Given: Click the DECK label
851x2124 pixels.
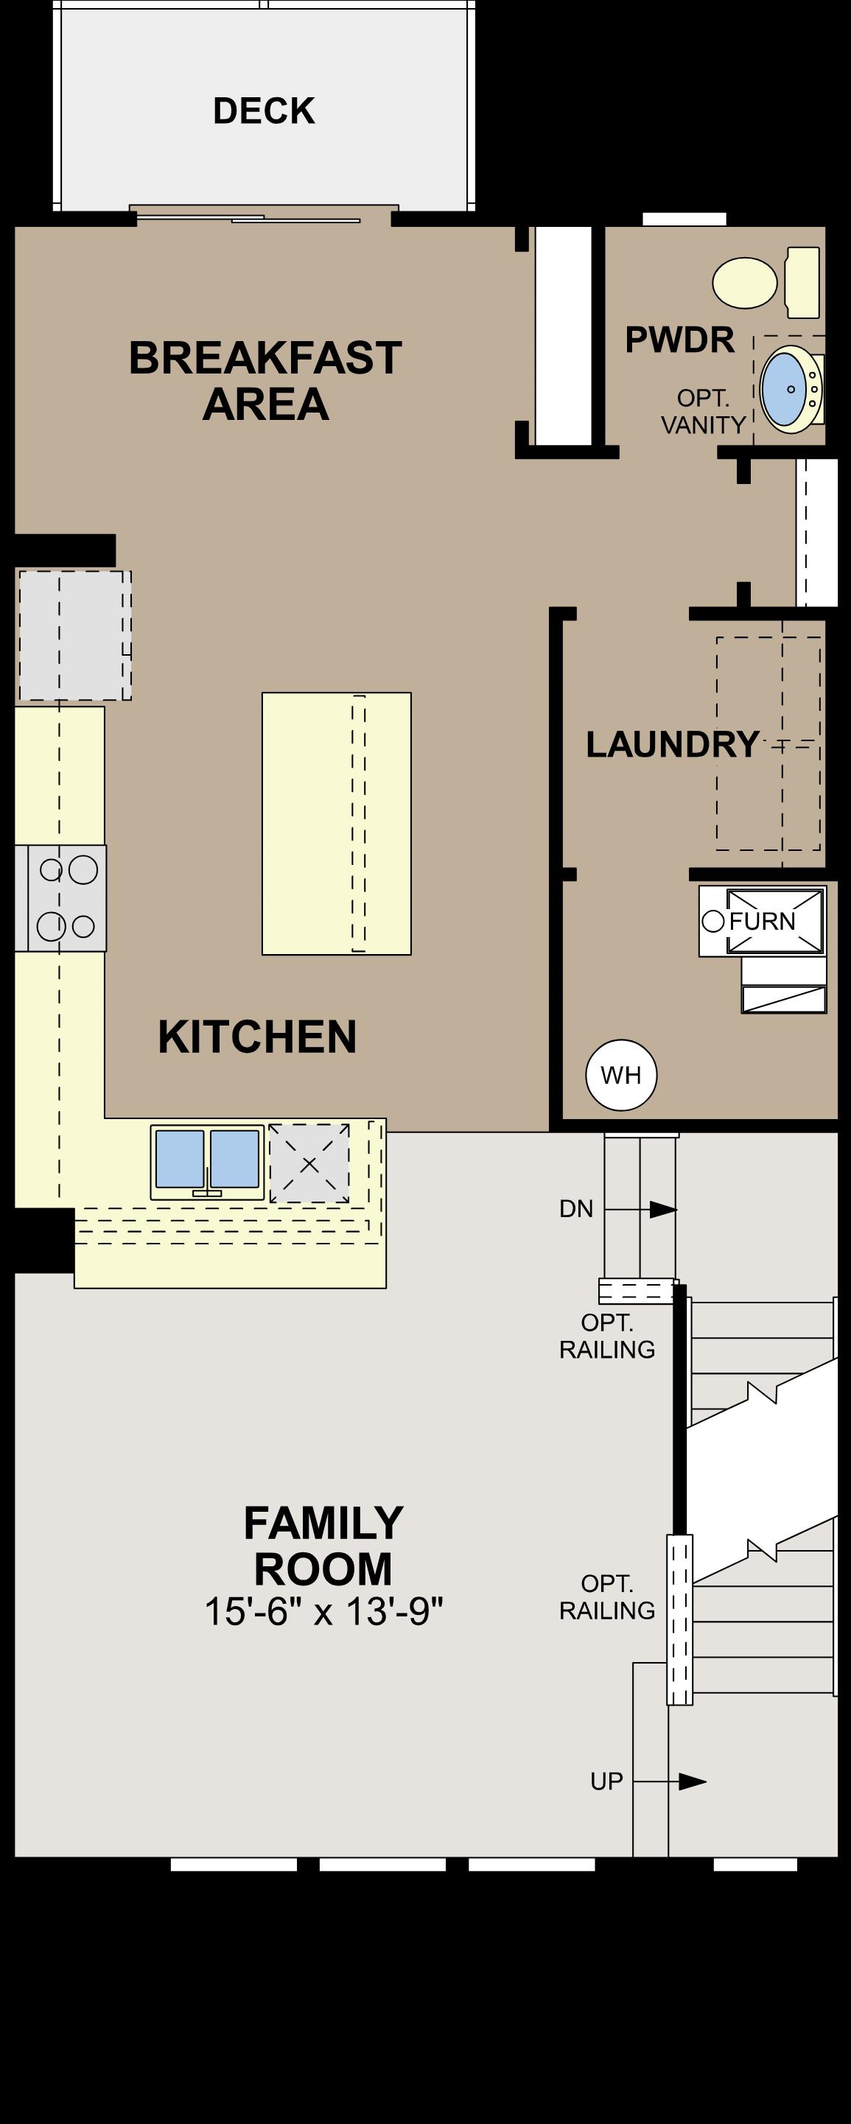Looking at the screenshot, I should (x=264, y=111).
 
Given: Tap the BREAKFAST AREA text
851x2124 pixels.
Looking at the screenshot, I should (x=265, y=381).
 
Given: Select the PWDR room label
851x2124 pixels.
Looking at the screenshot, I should (x=679, y=340).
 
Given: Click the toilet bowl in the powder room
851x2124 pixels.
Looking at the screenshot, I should (x=745, y=283).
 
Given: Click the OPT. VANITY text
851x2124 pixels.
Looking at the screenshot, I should (x=704, y=411).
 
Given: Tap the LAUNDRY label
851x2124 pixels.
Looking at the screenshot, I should (x=672, y=745).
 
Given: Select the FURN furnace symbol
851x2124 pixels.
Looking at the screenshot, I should (x=762, y=921).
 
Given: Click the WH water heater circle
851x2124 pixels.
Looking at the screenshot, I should (x=621, y=1075).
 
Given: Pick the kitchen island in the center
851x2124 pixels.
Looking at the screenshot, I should (x=337, y=823).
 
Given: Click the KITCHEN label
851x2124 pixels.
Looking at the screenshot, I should (x=257, y=1037).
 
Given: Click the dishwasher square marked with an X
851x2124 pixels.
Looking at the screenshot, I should (x=309, y=1163).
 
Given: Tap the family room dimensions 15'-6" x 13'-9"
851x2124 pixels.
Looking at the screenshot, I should (x=323, y=1612).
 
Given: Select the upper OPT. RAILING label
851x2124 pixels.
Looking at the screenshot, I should (x=607, y=1336).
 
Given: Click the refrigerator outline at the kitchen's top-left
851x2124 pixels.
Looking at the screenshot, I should (x=74, y=636).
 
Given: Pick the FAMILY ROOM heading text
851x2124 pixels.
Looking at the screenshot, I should (x=323, y=1545).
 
